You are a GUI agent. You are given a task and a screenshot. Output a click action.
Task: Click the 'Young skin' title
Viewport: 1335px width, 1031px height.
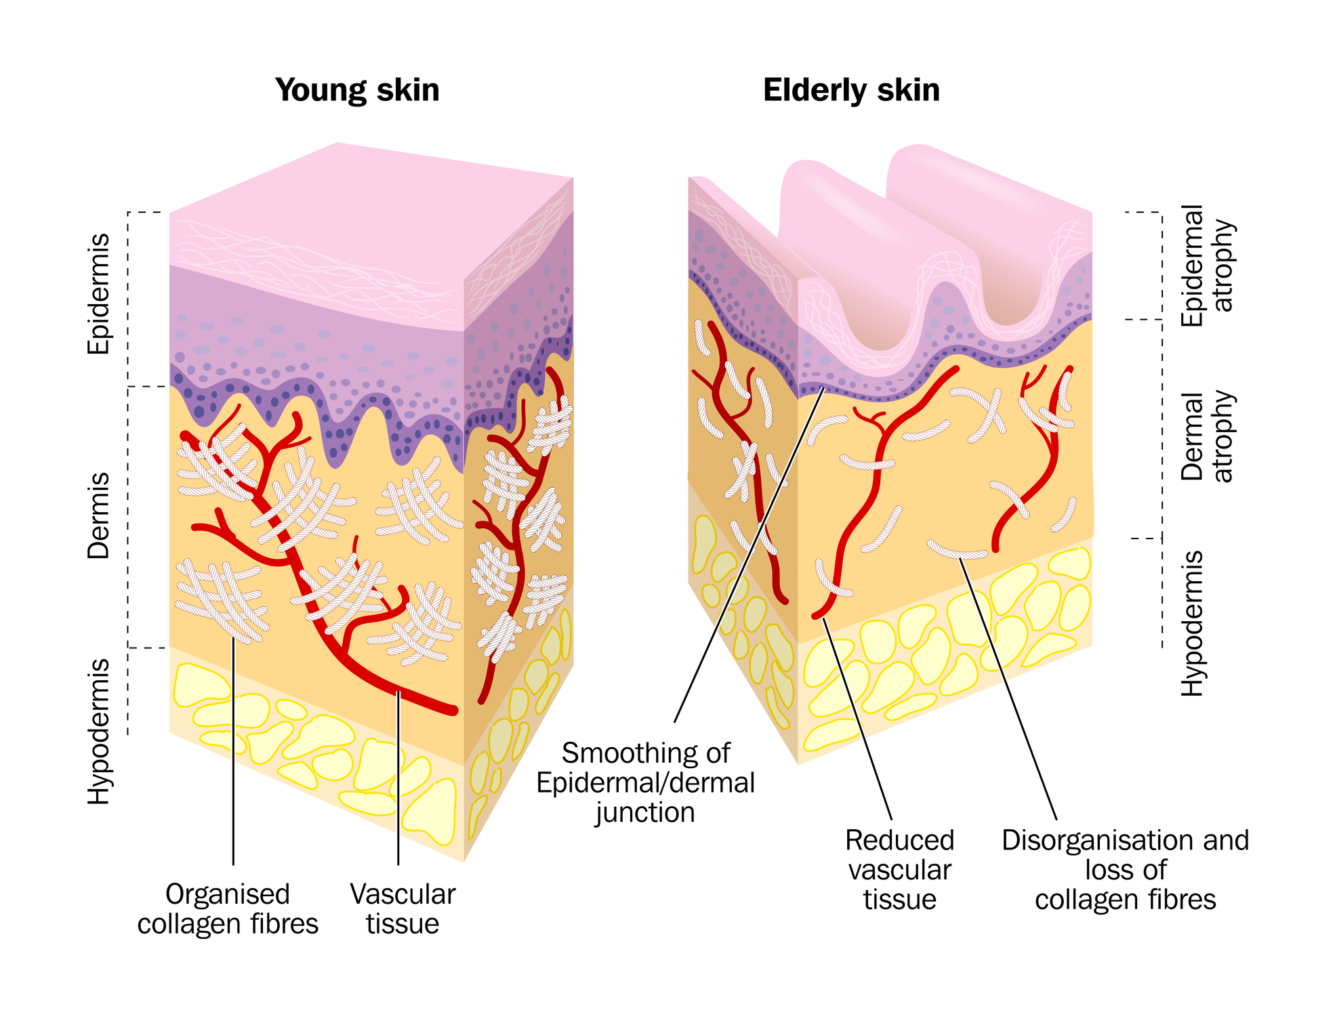[357, 90]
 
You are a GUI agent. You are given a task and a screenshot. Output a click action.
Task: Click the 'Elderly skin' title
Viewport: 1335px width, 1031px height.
[851, 90]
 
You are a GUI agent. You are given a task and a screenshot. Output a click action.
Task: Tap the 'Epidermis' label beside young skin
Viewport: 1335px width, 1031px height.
[99, 294]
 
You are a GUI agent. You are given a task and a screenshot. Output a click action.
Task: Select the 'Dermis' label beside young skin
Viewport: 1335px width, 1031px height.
[99, 515]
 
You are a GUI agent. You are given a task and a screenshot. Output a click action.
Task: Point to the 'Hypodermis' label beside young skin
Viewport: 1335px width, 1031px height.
[99, 731]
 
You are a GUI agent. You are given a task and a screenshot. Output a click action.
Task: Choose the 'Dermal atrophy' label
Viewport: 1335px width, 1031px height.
[1208, 436]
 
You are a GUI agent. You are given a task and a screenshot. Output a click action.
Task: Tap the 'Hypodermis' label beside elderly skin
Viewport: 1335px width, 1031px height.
[1193, 623]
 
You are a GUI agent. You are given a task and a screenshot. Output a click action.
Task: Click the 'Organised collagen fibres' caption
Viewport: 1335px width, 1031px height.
[228, 909]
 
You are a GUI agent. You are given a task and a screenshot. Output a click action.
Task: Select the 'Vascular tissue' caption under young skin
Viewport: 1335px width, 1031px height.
[403, 909]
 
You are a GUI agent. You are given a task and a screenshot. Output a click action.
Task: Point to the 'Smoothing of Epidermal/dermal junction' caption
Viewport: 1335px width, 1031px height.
[646, 782]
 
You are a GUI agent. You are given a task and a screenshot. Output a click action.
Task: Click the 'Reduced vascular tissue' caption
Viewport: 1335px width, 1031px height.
[900, 870]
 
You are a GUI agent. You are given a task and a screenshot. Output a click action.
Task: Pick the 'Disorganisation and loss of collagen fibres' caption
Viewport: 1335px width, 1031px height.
[1126, 870]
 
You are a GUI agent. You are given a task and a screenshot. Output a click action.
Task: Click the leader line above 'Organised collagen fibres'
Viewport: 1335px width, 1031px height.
[233, 751]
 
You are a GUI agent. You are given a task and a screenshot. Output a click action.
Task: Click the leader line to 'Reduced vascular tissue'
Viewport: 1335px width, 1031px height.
[857, 719]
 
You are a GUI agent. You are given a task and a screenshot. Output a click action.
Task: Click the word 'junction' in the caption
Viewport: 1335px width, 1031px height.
[646, 812]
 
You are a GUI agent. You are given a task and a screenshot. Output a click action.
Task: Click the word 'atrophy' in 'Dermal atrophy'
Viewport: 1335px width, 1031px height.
[1224, 436]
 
